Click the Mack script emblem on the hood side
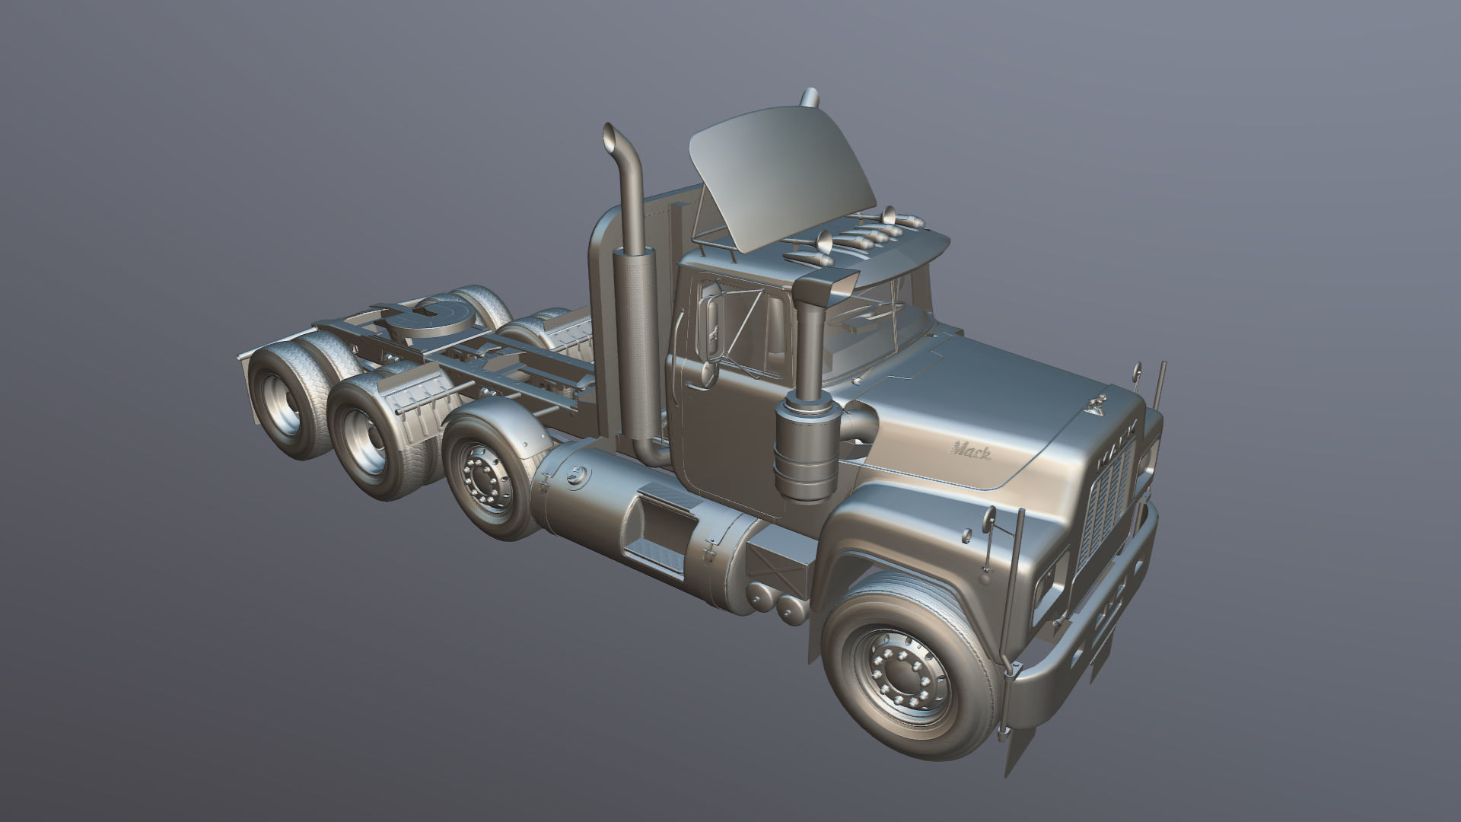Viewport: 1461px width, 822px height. point(970,452)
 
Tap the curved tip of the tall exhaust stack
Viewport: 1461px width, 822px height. point(611,137)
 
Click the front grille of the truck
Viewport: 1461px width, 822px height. point(1107,502)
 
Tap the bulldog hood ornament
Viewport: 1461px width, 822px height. point(1097,406)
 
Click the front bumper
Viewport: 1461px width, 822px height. point(1088,647)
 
